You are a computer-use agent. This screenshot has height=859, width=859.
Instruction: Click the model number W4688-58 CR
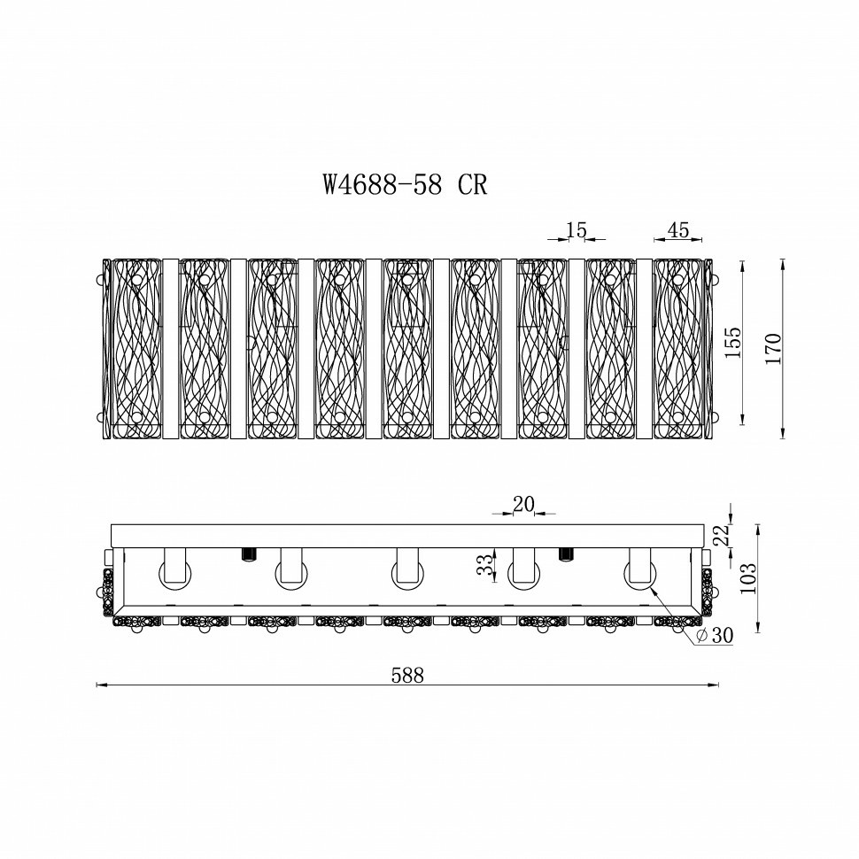point(405,184)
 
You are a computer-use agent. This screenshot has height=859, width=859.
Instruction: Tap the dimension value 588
point(407,676)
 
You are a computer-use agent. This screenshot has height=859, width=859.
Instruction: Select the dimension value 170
point(772,348)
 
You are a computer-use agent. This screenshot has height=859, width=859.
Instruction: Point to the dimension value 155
point(732,343)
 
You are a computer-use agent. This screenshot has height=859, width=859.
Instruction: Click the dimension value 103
point(747,578)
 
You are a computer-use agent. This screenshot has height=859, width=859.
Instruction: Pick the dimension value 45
point(678,230)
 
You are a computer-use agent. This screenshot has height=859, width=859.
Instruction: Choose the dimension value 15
point(577,230)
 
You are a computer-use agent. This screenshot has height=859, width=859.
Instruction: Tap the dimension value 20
point(523,505)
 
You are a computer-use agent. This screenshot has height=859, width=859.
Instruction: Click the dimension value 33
point(484,565)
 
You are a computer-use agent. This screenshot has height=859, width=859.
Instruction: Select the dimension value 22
point(723,535)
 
